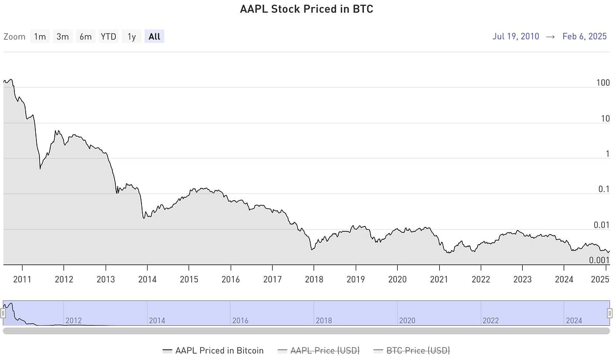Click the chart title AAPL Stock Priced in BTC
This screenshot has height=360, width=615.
306,9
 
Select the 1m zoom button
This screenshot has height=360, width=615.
39,36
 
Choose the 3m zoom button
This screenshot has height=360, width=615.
63,36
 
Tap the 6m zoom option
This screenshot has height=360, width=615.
85,36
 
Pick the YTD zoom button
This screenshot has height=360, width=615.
108,36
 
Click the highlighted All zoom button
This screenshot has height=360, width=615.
154,36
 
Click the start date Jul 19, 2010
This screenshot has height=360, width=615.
516,36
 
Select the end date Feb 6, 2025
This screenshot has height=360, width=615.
584,36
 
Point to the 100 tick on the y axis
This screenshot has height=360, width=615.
603,83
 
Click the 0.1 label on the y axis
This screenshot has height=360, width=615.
604,189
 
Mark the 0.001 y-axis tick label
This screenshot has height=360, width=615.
599,260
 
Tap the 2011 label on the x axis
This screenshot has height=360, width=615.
22,279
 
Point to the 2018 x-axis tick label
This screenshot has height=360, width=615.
314,279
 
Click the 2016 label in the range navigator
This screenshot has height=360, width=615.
240,321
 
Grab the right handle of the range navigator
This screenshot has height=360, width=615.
609,313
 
